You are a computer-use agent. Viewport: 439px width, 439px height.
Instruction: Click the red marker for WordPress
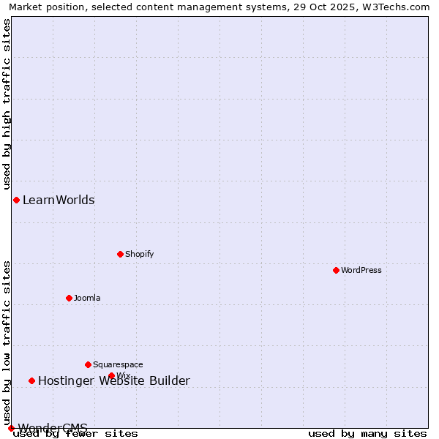336,270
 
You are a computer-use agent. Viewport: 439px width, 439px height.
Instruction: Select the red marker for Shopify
120,254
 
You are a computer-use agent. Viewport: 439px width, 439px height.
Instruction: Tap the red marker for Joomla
69,298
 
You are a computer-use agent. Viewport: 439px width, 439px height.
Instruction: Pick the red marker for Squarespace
88,364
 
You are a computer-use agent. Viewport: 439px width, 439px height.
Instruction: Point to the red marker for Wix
111,375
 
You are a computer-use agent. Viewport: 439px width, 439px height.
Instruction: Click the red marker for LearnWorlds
16,200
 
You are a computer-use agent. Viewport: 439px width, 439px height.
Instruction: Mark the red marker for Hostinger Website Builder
31,380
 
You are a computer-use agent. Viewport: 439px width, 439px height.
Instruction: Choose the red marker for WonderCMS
11,428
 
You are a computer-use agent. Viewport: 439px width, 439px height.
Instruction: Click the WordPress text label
361,270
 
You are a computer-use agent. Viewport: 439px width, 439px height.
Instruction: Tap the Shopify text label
139,254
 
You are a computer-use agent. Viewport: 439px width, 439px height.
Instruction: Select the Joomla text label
87,298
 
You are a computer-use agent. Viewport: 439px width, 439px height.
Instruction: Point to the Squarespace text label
118,364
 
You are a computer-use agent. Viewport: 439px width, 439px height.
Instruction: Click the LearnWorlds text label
59,200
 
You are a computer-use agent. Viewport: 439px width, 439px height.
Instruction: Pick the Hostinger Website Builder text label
113,380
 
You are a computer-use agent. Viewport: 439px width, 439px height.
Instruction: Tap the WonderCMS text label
53,427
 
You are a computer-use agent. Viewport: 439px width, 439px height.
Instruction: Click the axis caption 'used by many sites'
367,433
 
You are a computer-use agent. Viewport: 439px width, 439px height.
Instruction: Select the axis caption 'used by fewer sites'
75,433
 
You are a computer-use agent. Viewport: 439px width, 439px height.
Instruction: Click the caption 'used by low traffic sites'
7,343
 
